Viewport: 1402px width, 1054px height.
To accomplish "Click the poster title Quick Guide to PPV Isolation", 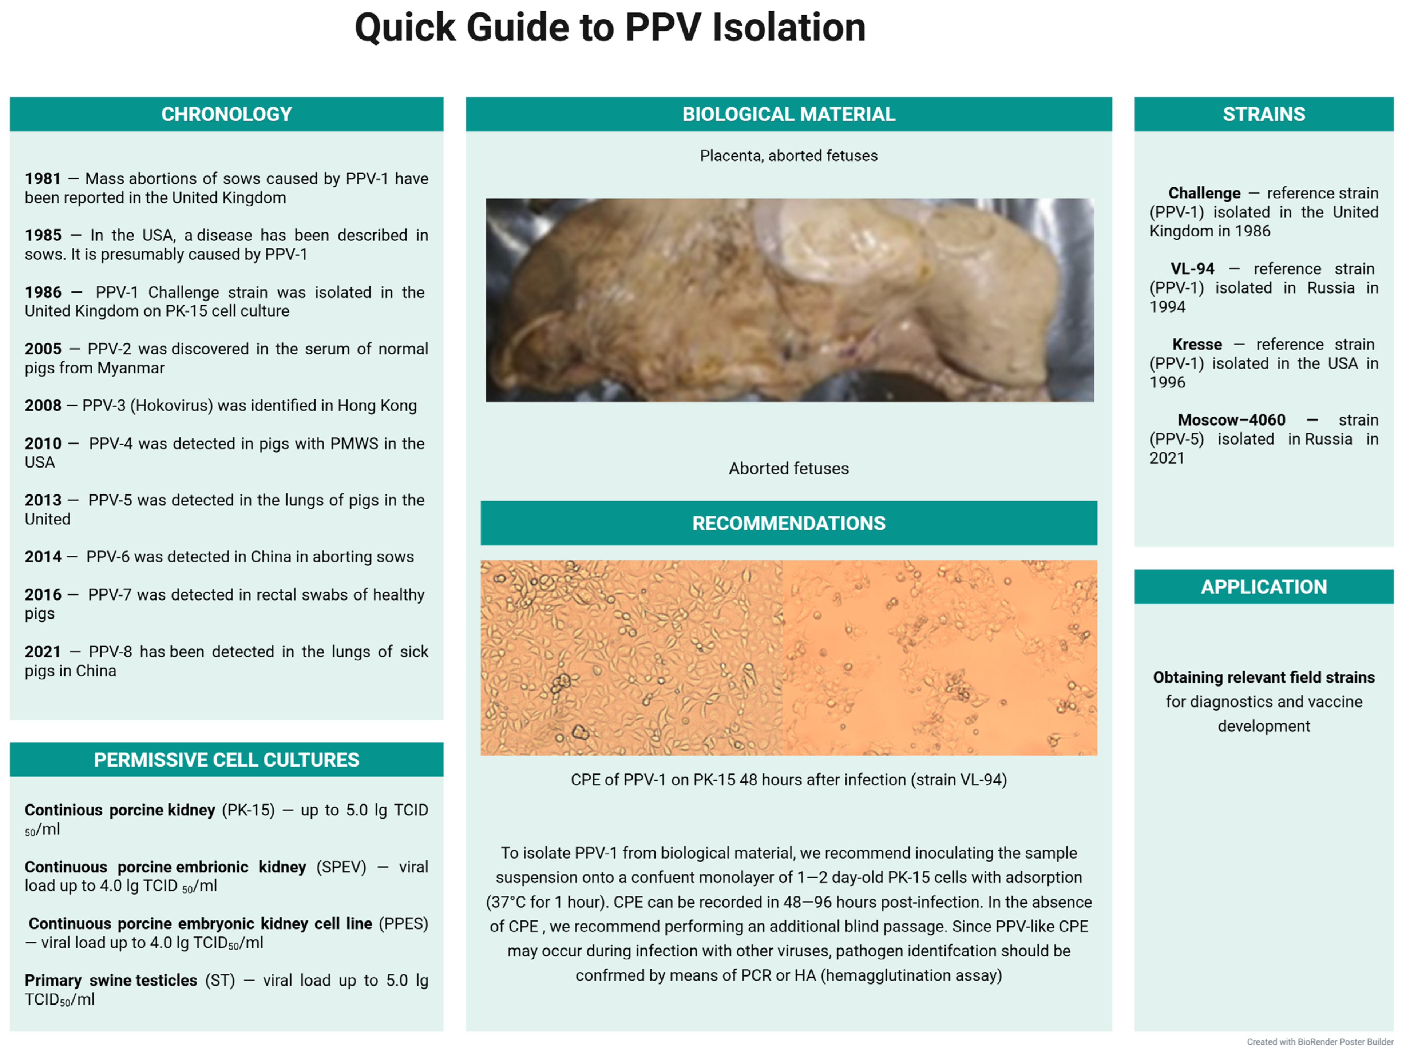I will [610, 28].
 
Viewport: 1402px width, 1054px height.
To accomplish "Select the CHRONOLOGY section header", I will [226, 114].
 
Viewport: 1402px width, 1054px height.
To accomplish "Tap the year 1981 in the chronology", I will [43, 179].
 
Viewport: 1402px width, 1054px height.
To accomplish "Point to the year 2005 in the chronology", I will [43, 349].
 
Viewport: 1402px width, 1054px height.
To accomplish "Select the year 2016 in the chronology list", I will [43, 595].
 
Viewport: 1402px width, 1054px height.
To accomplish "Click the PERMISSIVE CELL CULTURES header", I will [226, 759].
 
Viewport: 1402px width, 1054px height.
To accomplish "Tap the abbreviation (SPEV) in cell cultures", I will [341, 867].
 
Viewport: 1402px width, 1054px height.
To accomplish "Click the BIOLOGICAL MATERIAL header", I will [788, 114].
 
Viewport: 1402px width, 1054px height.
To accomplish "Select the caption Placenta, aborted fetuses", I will [788, 156].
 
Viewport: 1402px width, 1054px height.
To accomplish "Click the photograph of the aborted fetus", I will [789, 299].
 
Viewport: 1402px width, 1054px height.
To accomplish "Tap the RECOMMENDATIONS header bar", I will [788, 523].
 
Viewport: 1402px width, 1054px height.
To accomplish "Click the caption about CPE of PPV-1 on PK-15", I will [788, 780].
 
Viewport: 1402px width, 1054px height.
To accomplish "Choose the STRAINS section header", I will [1263, 114].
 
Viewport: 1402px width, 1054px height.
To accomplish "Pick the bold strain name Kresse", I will [1197, 345].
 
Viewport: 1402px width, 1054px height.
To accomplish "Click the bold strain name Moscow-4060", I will [1231, 420].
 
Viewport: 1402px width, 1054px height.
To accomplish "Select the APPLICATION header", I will [1263, 586].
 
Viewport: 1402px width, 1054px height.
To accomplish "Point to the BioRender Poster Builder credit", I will [1320, 1042].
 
